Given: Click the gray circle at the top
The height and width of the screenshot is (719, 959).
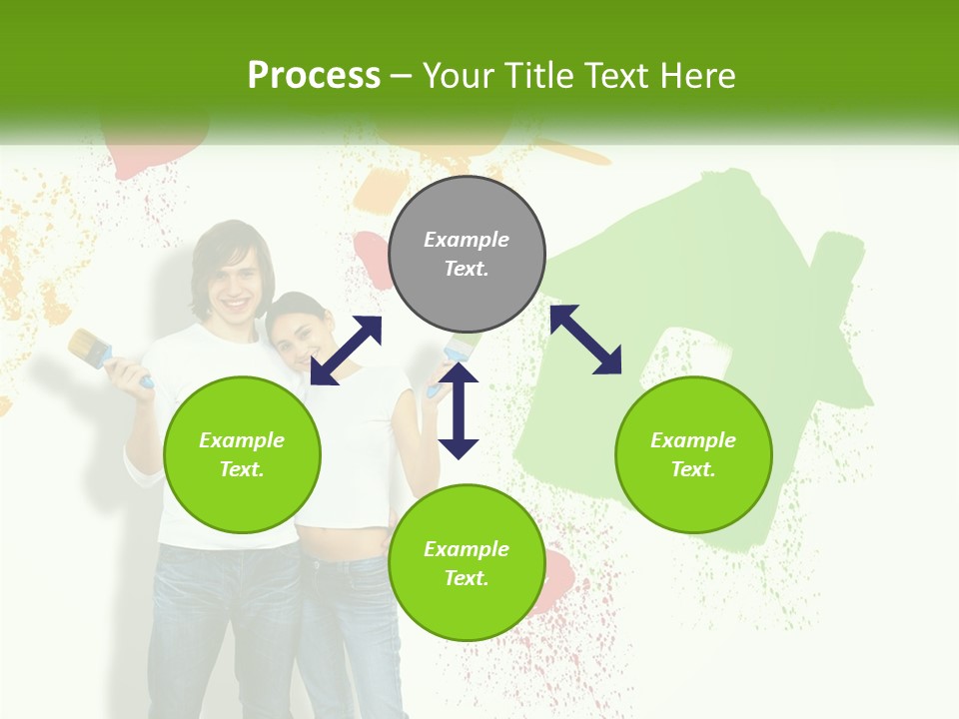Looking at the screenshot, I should pyautogui.click(x=467, y=255).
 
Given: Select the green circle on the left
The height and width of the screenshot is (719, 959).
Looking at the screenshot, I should pyautogui.click(x=242, y=454).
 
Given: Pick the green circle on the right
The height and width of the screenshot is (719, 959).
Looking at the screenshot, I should pyautogui.click(x=693, y=454).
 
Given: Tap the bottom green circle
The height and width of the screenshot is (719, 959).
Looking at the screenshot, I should pyautogui.click(x=467, y=562).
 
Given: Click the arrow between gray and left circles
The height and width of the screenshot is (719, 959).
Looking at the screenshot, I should pyautogui.click(x=346, y=350).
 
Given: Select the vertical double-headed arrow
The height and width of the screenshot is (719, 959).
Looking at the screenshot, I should pyautogui.click(x=459, y=410).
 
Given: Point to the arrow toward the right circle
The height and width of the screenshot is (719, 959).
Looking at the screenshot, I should pyautogui.click(x=585, y=340).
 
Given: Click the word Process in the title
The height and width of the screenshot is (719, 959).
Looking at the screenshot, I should pyautogui.click(x=314, y=75).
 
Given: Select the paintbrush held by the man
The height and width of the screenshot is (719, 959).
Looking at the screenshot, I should pyautogui.click(x=93, y=350).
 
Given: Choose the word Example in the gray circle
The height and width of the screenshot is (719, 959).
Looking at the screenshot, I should pyautogui.click(x=467, y=240).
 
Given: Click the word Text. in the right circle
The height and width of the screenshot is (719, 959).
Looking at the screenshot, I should pyautogui.click(x=693, y=469).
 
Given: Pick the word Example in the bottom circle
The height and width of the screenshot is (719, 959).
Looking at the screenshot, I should pyautogui.click(x=467, y=548).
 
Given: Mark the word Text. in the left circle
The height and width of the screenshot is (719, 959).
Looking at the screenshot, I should pyautogui.click(x=242, y=469).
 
